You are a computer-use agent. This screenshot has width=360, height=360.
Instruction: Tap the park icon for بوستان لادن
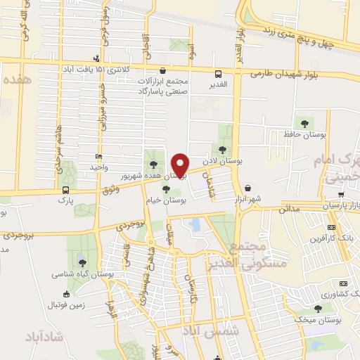tap(223, 149)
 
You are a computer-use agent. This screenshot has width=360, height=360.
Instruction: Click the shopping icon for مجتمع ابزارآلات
tap(163, 70)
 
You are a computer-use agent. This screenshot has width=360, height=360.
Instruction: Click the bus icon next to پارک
tap(66, 190)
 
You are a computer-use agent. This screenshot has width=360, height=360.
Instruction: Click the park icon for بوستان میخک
tap(318, 308)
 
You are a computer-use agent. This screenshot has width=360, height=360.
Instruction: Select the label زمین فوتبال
tap(67, 304)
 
